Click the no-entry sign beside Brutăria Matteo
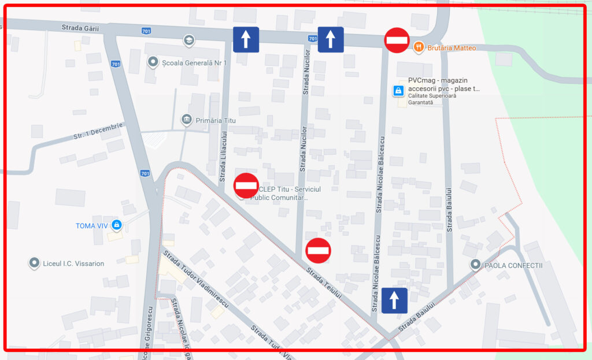[x=397, y=40]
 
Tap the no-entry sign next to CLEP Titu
[x=246, y=185]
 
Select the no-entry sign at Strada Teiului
[x=318, y=250]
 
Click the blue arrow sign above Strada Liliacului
[x=246, y=39]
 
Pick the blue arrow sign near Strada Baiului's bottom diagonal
[x=394, y=300]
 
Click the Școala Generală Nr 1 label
[x=194, y=62]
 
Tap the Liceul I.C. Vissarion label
[x=73, y=263]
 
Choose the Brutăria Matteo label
[x=452, y=48]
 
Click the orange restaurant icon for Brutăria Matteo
[x=419, y=47]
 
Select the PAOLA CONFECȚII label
[x=513, y=265]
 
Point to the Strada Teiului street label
[x=324, y=282]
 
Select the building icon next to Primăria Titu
[x=187, y=120]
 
